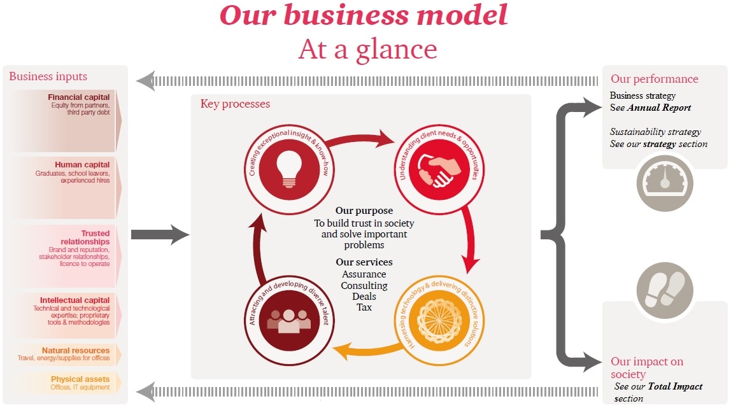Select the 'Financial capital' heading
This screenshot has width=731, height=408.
coord(79,97)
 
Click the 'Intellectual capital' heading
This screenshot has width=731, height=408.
coord(75,300)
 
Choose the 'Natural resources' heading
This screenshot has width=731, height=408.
coord(76,350)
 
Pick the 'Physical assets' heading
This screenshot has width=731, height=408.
coord(80,379)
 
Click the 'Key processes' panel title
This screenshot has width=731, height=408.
coord(235,104)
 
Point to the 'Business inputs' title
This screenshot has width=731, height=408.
coord(48,76)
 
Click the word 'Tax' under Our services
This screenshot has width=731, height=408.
coord(364,307)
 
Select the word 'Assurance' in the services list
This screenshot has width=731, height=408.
coord(364,274)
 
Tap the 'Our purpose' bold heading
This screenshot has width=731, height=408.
coord(364,211)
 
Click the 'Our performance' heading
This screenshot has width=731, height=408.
coord(655,80)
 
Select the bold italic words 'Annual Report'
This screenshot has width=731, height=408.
coord(659,108)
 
